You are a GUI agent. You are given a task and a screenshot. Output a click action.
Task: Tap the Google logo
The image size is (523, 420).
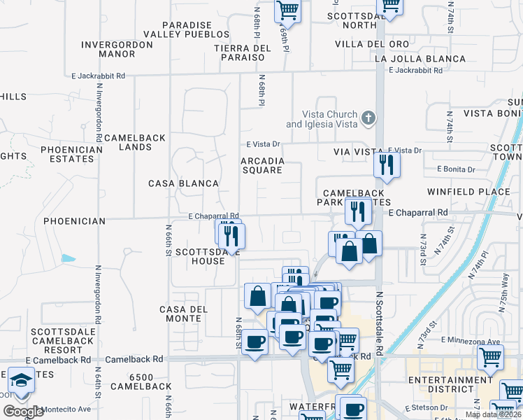[x=23, y=412]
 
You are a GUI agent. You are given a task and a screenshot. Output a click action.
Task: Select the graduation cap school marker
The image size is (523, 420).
[x=21, y=381]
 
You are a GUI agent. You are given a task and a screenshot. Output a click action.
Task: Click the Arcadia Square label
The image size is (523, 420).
[x=262, y=165]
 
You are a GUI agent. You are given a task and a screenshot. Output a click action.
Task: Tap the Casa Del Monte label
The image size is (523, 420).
[x=185, y=314]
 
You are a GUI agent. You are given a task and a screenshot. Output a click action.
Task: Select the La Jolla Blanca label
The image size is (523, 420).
[x=420, y=59]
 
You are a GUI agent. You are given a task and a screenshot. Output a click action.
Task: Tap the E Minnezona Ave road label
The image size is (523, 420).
[x=471, y=341]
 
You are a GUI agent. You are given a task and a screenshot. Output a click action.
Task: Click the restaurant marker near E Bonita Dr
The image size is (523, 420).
[x=385, y=165]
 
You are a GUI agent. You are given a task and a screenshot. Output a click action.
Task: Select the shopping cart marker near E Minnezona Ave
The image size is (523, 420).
[x=490, y=357]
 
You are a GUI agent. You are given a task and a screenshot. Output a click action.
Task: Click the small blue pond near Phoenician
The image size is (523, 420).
[x=69, y=258]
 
